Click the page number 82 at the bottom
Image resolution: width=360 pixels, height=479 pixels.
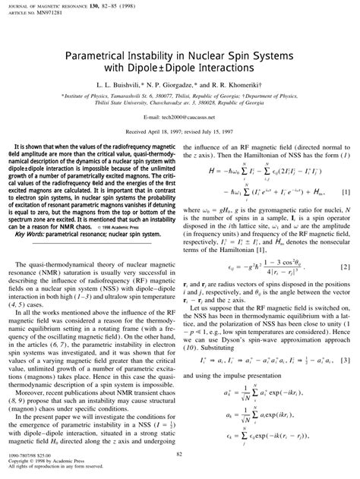(180, 453)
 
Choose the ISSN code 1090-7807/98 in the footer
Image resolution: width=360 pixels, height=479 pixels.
(30, 453)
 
